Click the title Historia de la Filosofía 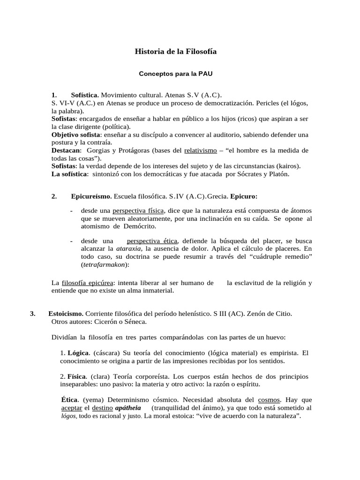coord(176,51)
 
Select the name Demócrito coord(140,226)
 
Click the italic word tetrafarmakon coord(105,264)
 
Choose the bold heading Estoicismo coord(66,313)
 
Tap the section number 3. coord(32,313)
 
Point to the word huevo coord(274,337)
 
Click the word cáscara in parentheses coord(106,352)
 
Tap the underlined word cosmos coord(269,400)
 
